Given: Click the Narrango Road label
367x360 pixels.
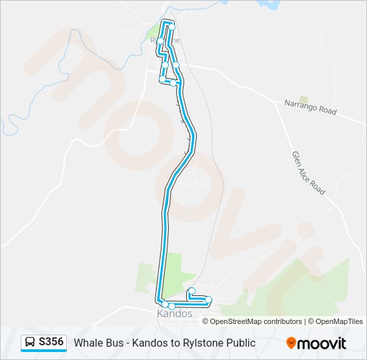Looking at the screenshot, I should point(310,107).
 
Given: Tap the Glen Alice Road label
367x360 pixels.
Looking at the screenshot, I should point(308,173).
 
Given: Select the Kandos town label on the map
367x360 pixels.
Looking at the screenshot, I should point(174,313).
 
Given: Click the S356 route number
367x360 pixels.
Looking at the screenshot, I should point(51,343).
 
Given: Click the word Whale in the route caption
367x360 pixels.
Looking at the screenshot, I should point(88,343).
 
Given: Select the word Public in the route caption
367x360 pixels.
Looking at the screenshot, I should point(238,343).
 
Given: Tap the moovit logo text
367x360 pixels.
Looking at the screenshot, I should point(322,343).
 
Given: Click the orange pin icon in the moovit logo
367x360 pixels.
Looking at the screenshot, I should point(291,343).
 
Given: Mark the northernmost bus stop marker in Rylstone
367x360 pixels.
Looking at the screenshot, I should point(171,27).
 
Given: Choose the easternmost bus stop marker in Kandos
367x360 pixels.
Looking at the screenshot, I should point(209,299).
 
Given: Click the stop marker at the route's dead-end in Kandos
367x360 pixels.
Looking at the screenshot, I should point(192,290).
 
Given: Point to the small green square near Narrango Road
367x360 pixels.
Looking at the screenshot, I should point(304,99).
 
